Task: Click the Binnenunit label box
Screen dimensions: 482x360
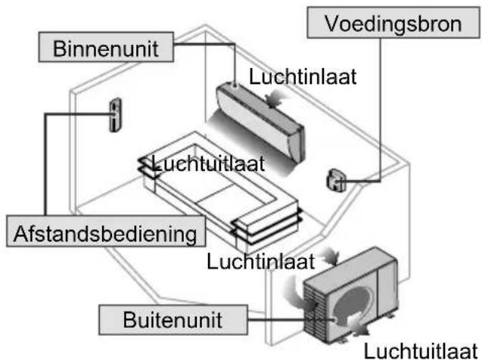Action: click(106, 47)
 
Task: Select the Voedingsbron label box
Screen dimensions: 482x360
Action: click(393, 23)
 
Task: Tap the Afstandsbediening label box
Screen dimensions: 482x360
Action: click(106, 231)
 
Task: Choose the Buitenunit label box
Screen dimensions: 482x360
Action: click(173, 320)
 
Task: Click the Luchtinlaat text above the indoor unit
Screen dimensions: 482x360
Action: click(303, 76)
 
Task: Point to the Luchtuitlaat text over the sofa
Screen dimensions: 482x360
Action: click(208, 163)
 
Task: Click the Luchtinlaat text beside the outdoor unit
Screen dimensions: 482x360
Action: click(261, 262)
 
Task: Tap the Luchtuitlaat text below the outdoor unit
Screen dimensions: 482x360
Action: click(421, 351)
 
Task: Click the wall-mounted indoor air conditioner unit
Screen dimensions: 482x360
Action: click(260, 122)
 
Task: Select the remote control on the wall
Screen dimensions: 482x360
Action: click(116, 115)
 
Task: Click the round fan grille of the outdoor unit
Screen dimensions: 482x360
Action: click(353, 305)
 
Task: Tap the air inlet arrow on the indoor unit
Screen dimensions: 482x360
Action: click(273, 98)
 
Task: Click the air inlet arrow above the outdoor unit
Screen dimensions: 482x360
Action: click(330, 256)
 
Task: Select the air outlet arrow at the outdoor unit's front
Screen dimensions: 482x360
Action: click(359, 326)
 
